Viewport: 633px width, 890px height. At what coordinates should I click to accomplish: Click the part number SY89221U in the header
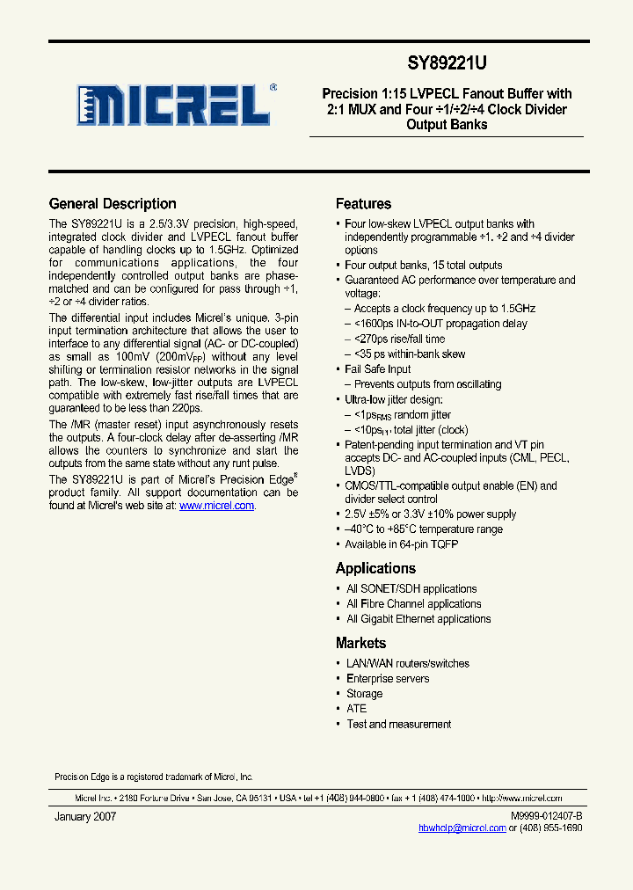[x=447, y=63]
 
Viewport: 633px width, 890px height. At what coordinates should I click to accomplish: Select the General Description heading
[x=113, y=204]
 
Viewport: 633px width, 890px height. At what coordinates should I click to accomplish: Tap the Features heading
[x=363, y=204]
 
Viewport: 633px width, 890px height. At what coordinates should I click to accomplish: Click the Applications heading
[x=375, y=568]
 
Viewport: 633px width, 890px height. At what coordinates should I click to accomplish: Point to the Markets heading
[x=360, y=643]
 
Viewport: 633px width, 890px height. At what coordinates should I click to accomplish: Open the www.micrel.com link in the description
[x=216, y=507]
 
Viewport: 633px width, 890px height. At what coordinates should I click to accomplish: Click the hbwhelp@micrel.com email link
[x=462, y=828]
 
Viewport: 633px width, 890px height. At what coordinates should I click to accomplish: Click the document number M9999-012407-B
[x=546, y=816]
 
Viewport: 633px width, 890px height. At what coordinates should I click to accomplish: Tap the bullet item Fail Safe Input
[x=377, y=369]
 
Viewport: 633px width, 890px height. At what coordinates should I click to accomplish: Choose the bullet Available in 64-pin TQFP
[x=401, y=544]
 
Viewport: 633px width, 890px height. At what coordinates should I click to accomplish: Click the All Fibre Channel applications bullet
[x=413, y=604]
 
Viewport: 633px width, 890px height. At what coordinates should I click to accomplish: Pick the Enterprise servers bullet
[x=388, y=679]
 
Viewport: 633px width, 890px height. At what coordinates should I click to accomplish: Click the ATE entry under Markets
[x=356, y=709]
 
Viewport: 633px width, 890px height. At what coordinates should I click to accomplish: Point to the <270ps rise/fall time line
[x=399, y=339]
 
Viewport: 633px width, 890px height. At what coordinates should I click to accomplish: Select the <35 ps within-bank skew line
[x=410, y=354]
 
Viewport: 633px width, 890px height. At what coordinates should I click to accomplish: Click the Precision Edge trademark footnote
[x=153, y=777]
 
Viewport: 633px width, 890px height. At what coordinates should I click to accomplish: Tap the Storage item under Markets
[x=364, y=694]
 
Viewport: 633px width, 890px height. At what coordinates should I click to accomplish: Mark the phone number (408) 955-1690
[x=551, y=828]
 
